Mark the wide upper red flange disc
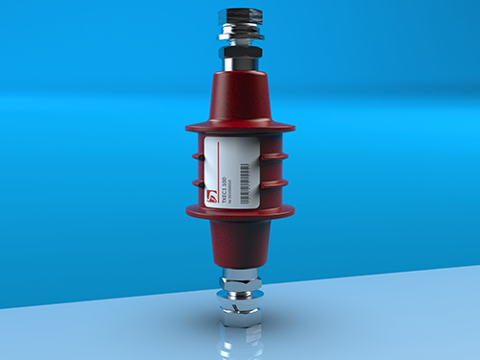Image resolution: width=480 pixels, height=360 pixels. tap(239, 126)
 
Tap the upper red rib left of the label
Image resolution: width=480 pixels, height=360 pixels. tap(198, 154)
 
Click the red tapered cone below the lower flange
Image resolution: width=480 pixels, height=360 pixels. tap(239, 245)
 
